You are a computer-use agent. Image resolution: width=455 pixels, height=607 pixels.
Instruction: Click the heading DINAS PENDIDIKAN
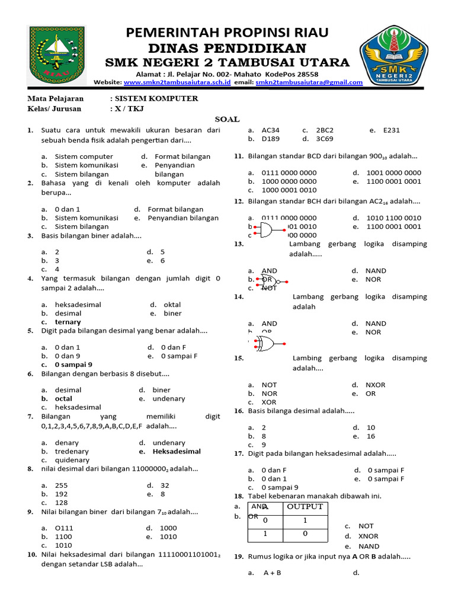coord(227,48)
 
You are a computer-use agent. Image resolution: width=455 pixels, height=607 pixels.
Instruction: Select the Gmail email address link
coord(309,82)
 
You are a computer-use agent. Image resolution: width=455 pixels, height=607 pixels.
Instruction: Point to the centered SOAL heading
coord(227,119)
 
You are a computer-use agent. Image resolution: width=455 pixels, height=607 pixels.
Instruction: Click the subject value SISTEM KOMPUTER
coord(156,98)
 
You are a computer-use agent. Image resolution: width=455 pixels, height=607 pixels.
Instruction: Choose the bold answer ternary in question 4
coord(68,322)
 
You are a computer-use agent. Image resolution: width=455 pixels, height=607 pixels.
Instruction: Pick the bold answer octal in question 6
coord(63,399)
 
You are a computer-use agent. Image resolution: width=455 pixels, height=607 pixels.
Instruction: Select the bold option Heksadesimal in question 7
coord(177,451)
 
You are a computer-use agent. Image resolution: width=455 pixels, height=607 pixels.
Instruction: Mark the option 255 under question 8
coord(61,485)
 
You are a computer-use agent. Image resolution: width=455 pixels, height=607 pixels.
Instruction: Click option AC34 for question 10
coord(270,130)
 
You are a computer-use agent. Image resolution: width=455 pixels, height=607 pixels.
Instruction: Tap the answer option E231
coord(392,130)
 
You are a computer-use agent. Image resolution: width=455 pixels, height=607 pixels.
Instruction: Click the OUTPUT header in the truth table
coord(305,506)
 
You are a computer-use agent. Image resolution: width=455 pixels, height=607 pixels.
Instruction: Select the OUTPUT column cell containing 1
coord(305,520)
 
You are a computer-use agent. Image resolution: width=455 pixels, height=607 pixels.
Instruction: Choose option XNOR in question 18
coord(369,536)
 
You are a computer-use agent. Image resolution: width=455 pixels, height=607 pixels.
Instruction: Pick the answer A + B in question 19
coord(272,573)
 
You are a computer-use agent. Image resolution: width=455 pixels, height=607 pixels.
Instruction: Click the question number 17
coord(238,453)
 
